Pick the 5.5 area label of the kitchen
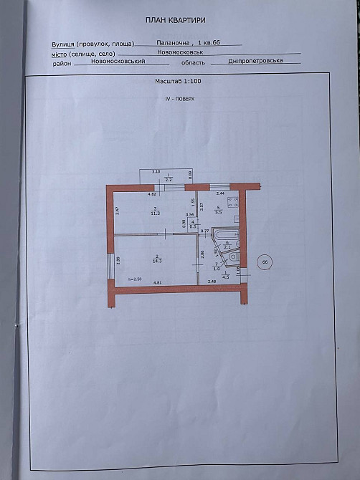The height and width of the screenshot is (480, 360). [x=219, y=213]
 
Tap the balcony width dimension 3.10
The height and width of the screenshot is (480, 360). [x=155, y=172]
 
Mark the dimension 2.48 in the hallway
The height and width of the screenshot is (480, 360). [x=212, y=282]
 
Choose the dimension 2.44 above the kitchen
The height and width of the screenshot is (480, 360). [x=221, y=193]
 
